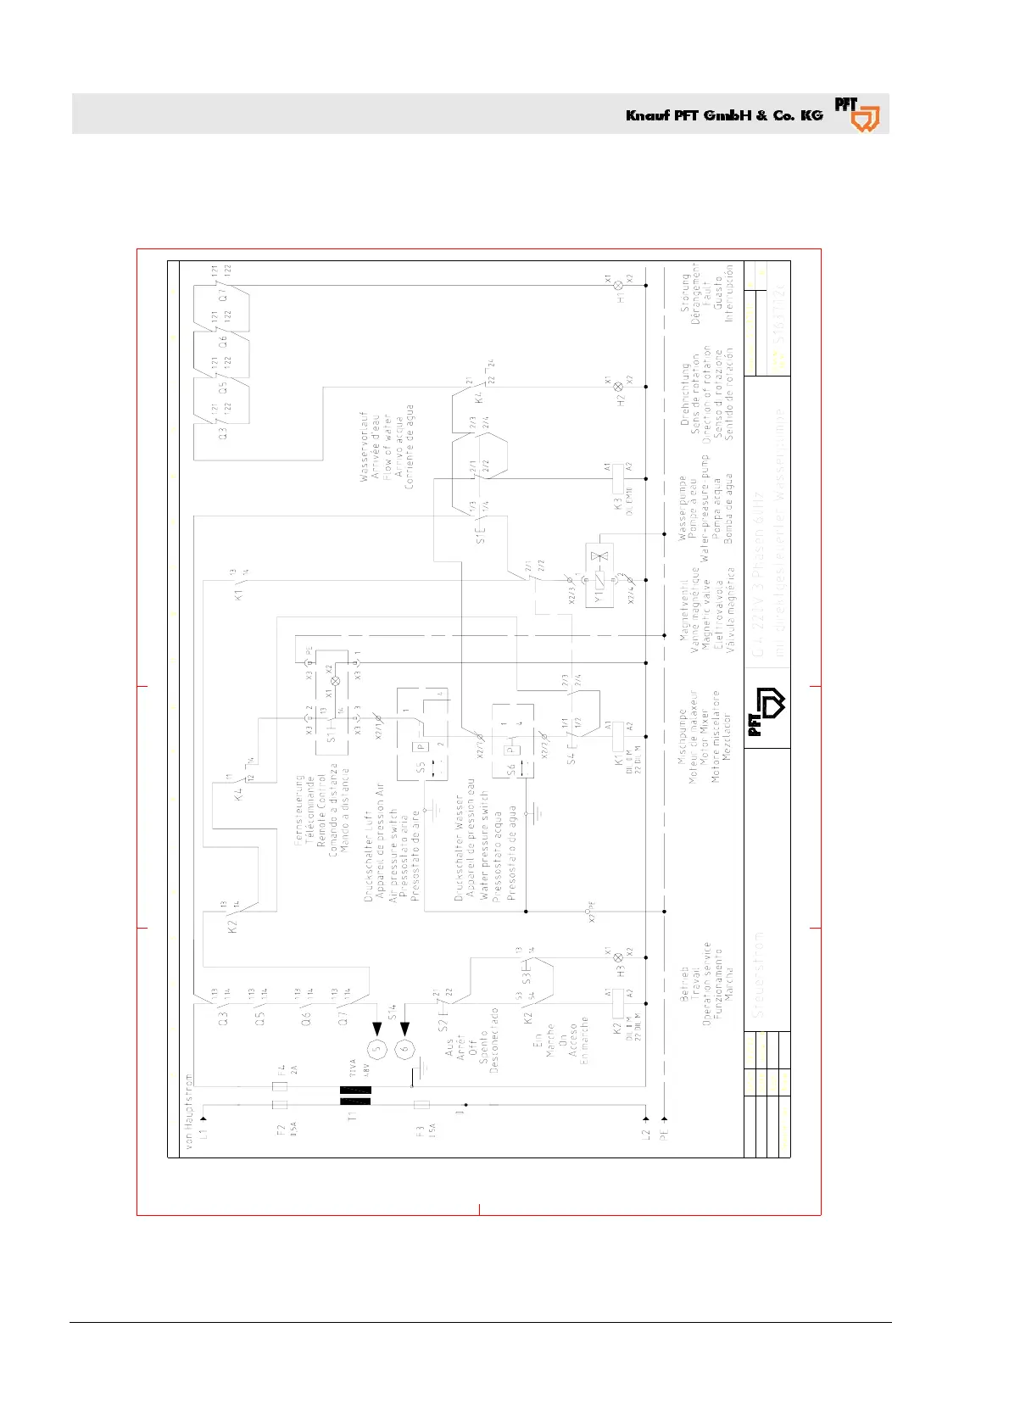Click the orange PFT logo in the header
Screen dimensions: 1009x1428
[856, 114]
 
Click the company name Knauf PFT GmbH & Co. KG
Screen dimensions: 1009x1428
[724, 115]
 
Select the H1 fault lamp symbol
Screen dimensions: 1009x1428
[619, 287]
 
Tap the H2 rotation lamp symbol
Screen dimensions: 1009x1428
[619, 387]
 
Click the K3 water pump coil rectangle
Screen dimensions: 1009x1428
[619, 478]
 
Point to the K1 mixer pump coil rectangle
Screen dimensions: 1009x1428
[619, 736]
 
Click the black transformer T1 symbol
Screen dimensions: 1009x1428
[355, 1096]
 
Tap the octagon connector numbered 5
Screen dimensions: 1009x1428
[378, 1048]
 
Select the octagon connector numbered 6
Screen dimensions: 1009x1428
[404, 1048]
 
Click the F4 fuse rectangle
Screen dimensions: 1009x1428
[280, 1086]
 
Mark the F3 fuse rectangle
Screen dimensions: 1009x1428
[421, 1105]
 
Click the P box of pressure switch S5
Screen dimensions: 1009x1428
[421, 746]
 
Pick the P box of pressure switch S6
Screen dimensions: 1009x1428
[510, 750]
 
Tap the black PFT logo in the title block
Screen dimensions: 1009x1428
[767, 709]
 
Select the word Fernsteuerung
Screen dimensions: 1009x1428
[299, 809]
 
